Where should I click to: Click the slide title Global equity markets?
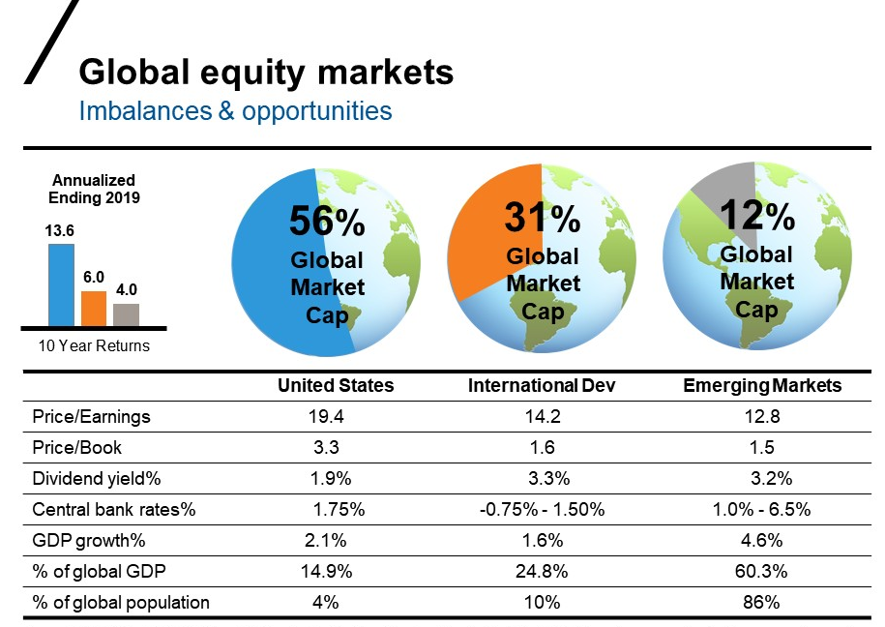pyautogui.click(x=265, y=73)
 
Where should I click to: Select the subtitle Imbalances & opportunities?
pyautogui.click(x=235, y=110)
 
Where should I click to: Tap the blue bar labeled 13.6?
pyautogui.click(x=61, y=284)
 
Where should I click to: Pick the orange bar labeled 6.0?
pyautogui.click(x=94, y=309)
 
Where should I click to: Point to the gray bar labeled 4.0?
pyautogui.click(x=126, y=314)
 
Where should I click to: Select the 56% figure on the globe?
pyautogui.click(x=327, y=224)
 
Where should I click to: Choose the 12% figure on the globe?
pyautogui.click(x=757, y=217)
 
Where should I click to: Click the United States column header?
pyautogui.click(x=336, y=385)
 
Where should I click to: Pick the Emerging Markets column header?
pyautogui.click(x=762, y=385)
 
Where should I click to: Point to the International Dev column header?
pyautogui.click(x=542, y=385)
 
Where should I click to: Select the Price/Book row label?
pyautogui.click(x=77, y=448)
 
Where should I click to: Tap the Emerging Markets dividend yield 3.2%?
pyautogui.click(x=772, y=478)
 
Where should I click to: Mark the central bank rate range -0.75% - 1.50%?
pyautogui.click(x=543, y=509)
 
